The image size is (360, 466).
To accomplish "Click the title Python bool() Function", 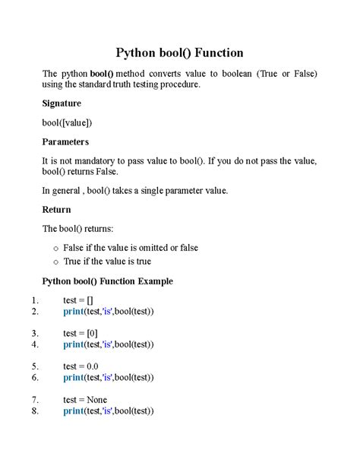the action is pyautogui.click(x=179, y=52).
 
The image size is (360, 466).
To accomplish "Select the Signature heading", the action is pyautogui.click(x=62, y=103).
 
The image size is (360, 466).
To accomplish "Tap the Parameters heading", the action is pyautogui.click(x=65, y=141).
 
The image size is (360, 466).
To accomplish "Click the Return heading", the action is pyautogui.click(x=56, y=209).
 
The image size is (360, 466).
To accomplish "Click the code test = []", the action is pyautogui.click(x=78, y=300).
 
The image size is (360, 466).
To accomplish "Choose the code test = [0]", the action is pyautogui.click(x=81, y=333).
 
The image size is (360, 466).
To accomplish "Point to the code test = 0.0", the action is pyautogui.click(x=81, y=366).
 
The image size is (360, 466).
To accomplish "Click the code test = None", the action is pyautogui.click(x=85, y=400).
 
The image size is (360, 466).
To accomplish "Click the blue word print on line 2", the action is pyautogui.click(x=74, y=311).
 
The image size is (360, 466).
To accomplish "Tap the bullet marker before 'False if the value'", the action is pyautogui.click(x=55, y=248).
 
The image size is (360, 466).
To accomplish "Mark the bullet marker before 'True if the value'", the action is pyautogui.click(x=55, y=262).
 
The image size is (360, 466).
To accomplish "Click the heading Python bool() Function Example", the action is pyautogui.click(x=107, y=281).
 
